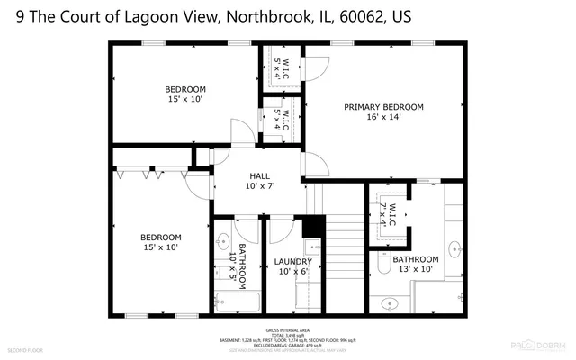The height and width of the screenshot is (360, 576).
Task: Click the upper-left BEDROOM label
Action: pos(184,94)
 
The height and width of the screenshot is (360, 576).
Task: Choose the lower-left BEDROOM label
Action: pos(159,242)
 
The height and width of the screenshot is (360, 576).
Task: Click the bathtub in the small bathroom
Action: pos(236,301)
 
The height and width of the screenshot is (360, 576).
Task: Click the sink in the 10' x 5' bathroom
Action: pos(222,241)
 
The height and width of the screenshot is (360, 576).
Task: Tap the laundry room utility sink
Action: pos(312,246)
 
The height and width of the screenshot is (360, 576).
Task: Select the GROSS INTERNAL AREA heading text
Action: pos(287,330)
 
